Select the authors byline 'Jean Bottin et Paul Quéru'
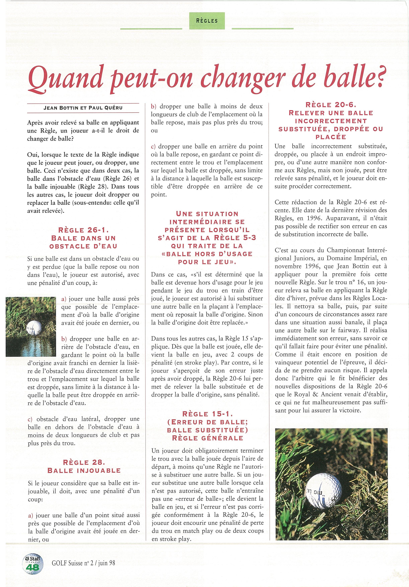(83, 108)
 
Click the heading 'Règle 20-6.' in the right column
(331, 105)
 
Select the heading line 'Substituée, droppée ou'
(331, 129)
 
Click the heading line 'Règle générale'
(208, 438)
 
